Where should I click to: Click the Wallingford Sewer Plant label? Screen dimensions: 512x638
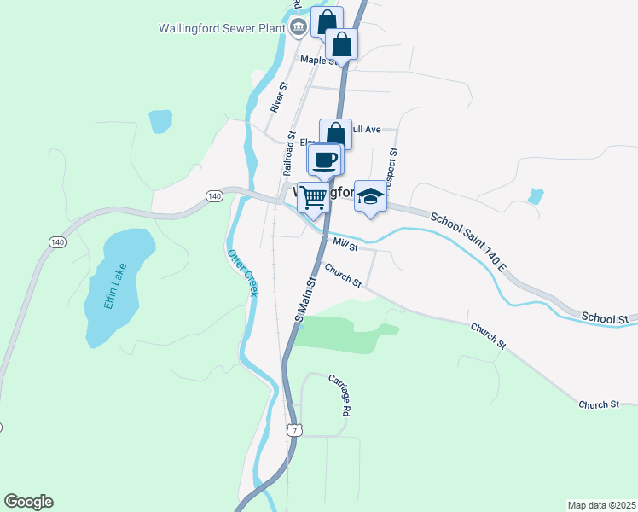click(221, 27)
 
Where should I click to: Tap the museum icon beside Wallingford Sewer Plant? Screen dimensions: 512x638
click(299, 27)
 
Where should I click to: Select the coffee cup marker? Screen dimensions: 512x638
click(325, 160)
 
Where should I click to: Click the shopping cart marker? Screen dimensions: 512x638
click(314, 197)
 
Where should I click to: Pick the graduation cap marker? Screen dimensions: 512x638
click(369, 196)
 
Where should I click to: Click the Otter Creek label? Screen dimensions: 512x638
click(241, 272)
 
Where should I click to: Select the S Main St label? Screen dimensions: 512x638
click(306, 299)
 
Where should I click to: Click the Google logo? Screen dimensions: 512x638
click(28, 502)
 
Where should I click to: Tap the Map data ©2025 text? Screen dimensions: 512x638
click(601, 504)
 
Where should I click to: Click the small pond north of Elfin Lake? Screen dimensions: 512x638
click(159, 121)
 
